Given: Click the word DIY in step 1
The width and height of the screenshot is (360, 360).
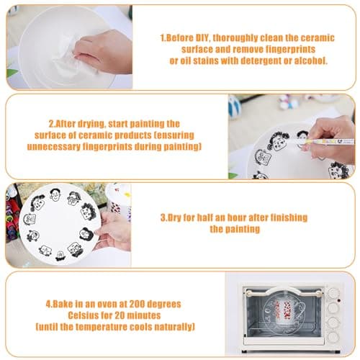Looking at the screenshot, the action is [203, 38].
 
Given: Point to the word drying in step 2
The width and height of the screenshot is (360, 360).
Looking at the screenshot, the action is [91, 124].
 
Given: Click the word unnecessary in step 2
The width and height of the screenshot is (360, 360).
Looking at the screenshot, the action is [53, 147].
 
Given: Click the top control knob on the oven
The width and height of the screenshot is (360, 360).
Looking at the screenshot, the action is [333, 293].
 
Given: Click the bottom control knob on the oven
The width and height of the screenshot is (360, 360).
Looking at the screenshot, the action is [333, 336].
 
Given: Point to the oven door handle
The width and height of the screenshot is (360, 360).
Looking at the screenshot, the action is [283, 292].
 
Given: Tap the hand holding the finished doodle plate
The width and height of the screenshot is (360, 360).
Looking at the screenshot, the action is [113, 230].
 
